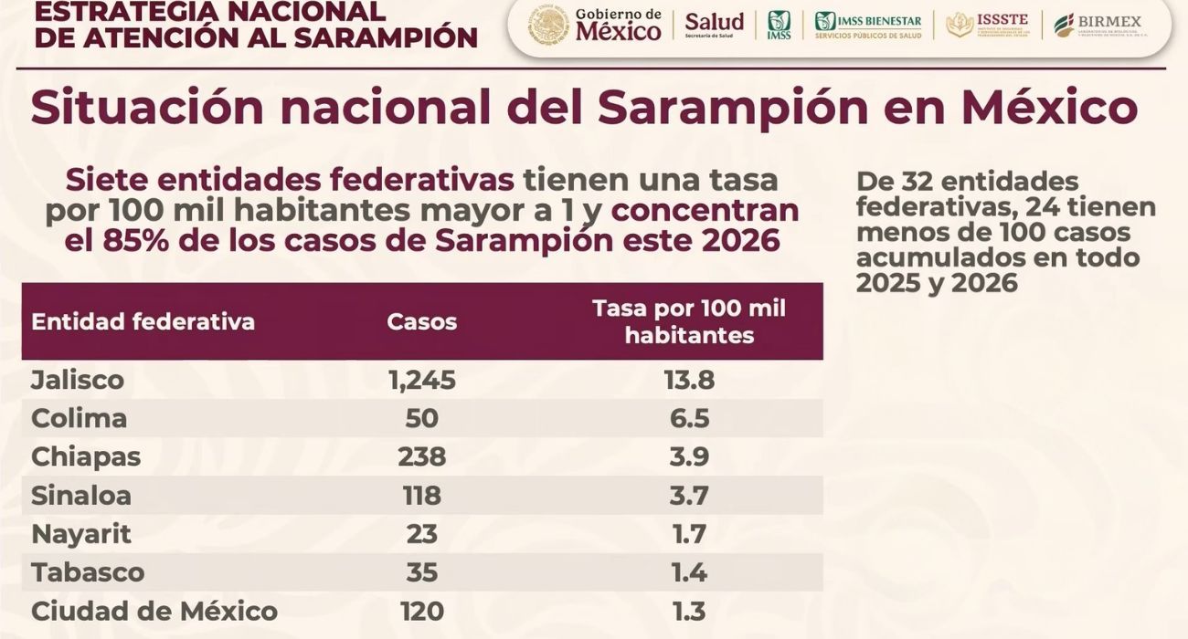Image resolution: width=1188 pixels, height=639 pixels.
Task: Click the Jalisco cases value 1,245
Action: point(421,380)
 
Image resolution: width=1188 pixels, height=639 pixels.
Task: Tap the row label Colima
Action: point(79,418)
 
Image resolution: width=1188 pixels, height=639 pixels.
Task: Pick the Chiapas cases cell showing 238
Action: point(421,456)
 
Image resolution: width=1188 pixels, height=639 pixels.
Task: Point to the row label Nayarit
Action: point(81,534)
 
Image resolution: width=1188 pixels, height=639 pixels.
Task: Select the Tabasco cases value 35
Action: point(421,572)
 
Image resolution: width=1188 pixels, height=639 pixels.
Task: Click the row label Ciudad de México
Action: point(154,611)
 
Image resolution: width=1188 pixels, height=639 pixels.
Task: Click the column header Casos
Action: point(421,321)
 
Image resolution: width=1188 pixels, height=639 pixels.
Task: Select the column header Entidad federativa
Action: point(143,321)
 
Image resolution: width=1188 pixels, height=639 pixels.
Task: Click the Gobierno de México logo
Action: point(595,26)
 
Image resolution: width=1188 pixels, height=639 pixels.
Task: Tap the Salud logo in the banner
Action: point(714,25)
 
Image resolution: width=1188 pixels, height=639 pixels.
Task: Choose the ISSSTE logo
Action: point(987,25)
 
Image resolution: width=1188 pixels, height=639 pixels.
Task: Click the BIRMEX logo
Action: point(1098,25)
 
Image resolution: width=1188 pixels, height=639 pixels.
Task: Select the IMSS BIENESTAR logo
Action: point(868,25)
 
